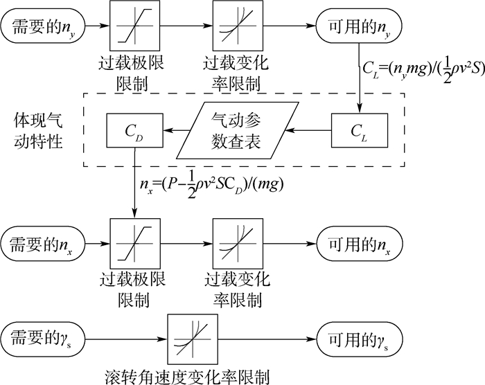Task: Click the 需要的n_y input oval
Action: pos(43,26)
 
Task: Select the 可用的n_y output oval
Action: pos(359,26)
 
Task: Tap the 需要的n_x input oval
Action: pos(43,244)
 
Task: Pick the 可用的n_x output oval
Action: pos(360,244)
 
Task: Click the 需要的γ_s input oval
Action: pos(43,339)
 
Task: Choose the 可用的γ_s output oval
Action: pos(360,339)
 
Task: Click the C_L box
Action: pos(360,130)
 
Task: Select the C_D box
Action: pos(135,130)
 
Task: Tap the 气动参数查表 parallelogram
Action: pos(238,130)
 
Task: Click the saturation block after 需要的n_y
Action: pos(135,26)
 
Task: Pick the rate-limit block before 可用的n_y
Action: pos(238,26)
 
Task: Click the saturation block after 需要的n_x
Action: pos(135,244)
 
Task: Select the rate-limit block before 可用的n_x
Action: pos(238,244)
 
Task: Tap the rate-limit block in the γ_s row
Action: pos(193,339)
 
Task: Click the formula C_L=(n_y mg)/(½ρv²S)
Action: pos(423,70)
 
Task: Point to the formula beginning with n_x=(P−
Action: pos(211,186)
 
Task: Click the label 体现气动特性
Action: pos(38,131)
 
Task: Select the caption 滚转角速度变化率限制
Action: pos(188,376)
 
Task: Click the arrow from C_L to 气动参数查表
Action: pos(308,130)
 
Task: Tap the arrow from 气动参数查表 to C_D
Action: pos(176,130)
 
